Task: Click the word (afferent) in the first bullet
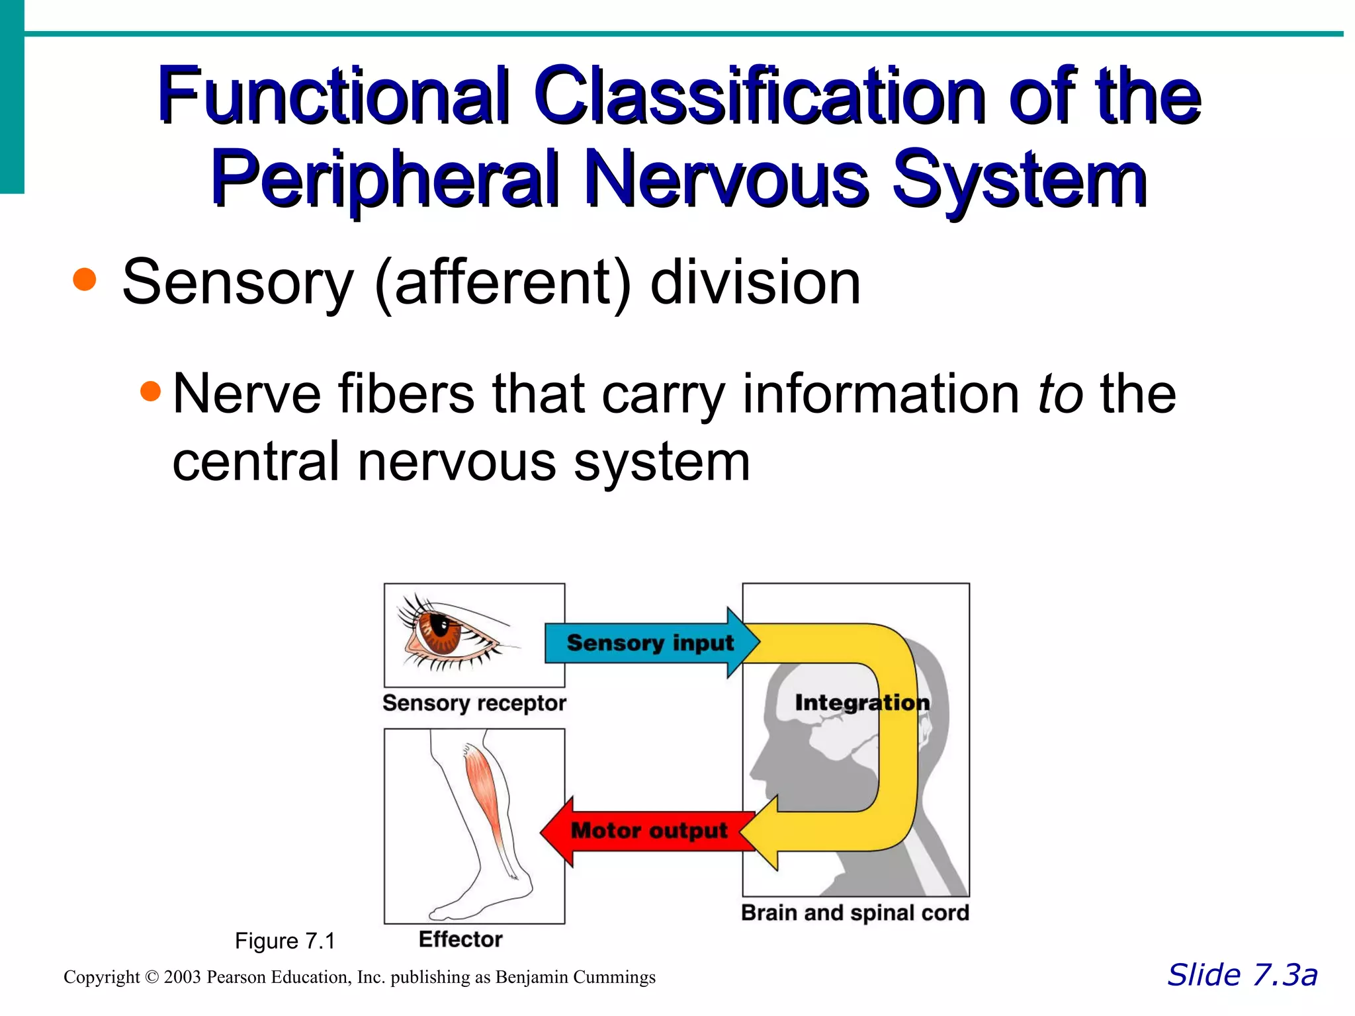pyautogui.click(x=502, y=282)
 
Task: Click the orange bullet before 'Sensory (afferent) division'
pyautogui.click(x=85, y=279)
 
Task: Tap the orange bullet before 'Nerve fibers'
pyautogui.click(x=151, y=391)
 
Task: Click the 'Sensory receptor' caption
pyautogui.click(x=474, y=703)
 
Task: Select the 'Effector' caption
pyautogui.click(x=460, y=939)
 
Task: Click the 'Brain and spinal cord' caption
pyautogui.click(x=855, y=913)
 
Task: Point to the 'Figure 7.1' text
pyautogui.click(x=285, y=941)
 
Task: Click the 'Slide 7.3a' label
pyautogui.click(x=1242, y=975)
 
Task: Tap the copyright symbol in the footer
pyautogui.click(x=152, y=977)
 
